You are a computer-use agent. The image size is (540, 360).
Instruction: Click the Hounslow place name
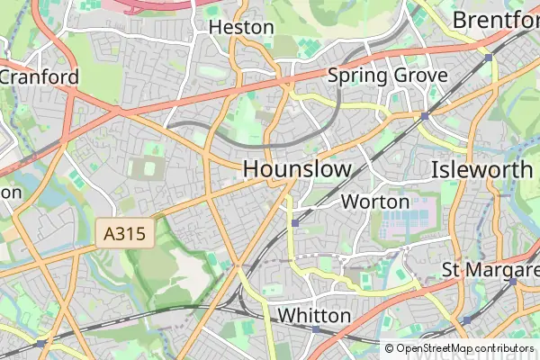pos(296,168)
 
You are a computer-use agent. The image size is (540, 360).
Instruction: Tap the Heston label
pos(240,27)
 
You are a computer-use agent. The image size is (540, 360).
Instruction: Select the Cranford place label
pos(40,76)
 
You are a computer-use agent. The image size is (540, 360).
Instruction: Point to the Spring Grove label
pos(387,76)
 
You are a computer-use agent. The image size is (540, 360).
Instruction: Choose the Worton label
pos(375,202)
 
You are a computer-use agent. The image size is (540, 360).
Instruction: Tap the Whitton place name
pos(314,316)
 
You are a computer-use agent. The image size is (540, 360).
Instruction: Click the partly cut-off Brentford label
pos(495,20)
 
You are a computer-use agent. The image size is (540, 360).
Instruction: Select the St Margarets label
pos(490,270)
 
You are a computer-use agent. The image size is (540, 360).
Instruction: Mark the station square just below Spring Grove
pos(424,116)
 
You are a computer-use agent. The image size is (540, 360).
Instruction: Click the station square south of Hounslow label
pos(294,221)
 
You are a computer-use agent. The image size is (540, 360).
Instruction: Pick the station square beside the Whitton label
pos(316,329)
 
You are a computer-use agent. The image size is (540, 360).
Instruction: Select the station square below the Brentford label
pos(489,57)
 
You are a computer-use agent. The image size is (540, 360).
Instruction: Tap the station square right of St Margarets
pos(512,281)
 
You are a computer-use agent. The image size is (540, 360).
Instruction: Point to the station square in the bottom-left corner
pos(41,343)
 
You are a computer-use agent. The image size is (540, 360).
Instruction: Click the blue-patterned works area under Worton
pos(406,216)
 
